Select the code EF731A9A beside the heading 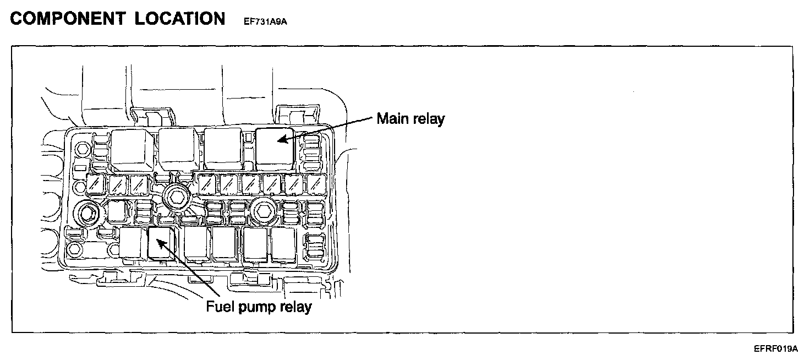click(x=266, y=22)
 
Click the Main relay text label click(x=411, y=119)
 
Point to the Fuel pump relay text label click(x=259, y=306)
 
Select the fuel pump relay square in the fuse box click(x=161, y=242)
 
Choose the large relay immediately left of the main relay click(x=223, y=148)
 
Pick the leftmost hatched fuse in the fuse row click(x=94, y=183)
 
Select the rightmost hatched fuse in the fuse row click(x=315, y=183)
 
